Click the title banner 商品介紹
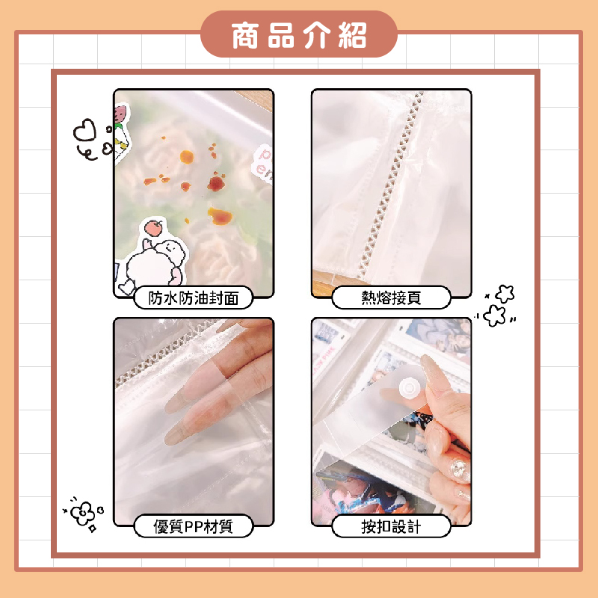tap(299, 34)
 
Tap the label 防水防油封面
tap(194, 298)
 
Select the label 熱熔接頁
tap(391, 298)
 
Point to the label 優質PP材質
tap(194, 526)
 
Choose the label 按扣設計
tap(391, 526)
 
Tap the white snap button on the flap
tap(408, 388)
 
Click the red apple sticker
tap(153, 228)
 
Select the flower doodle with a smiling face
tap(83, 513)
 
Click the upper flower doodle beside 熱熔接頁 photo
tap(505, 294)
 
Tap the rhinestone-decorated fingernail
tap(459, 469)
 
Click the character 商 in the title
tap(245, 35)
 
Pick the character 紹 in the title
tap(353, 35)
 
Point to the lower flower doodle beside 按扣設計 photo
tap(494, 315)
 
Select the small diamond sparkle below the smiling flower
tap(92, 529)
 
